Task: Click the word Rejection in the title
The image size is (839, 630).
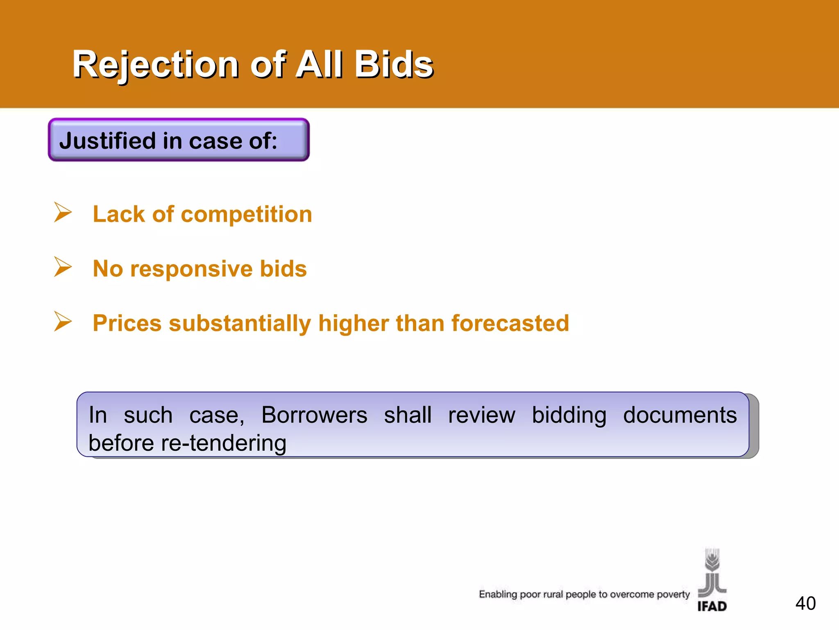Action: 156,65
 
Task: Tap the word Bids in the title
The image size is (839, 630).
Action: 393,65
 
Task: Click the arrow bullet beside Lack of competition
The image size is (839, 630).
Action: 63,212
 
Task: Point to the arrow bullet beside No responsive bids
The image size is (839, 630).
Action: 63,267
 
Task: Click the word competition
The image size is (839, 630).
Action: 246,215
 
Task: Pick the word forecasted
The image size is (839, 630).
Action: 510,323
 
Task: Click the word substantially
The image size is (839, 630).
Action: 240,323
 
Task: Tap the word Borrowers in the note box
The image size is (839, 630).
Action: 314,415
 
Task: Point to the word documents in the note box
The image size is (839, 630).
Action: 680,415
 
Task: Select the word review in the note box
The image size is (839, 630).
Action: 481,415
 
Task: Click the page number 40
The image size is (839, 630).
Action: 805,603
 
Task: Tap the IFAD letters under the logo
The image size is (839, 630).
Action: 712,606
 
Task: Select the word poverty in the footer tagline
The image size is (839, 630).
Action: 673,594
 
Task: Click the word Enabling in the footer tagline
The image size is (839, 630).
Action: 498,594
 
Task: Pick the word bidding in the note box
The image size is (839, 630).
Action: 569,415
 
